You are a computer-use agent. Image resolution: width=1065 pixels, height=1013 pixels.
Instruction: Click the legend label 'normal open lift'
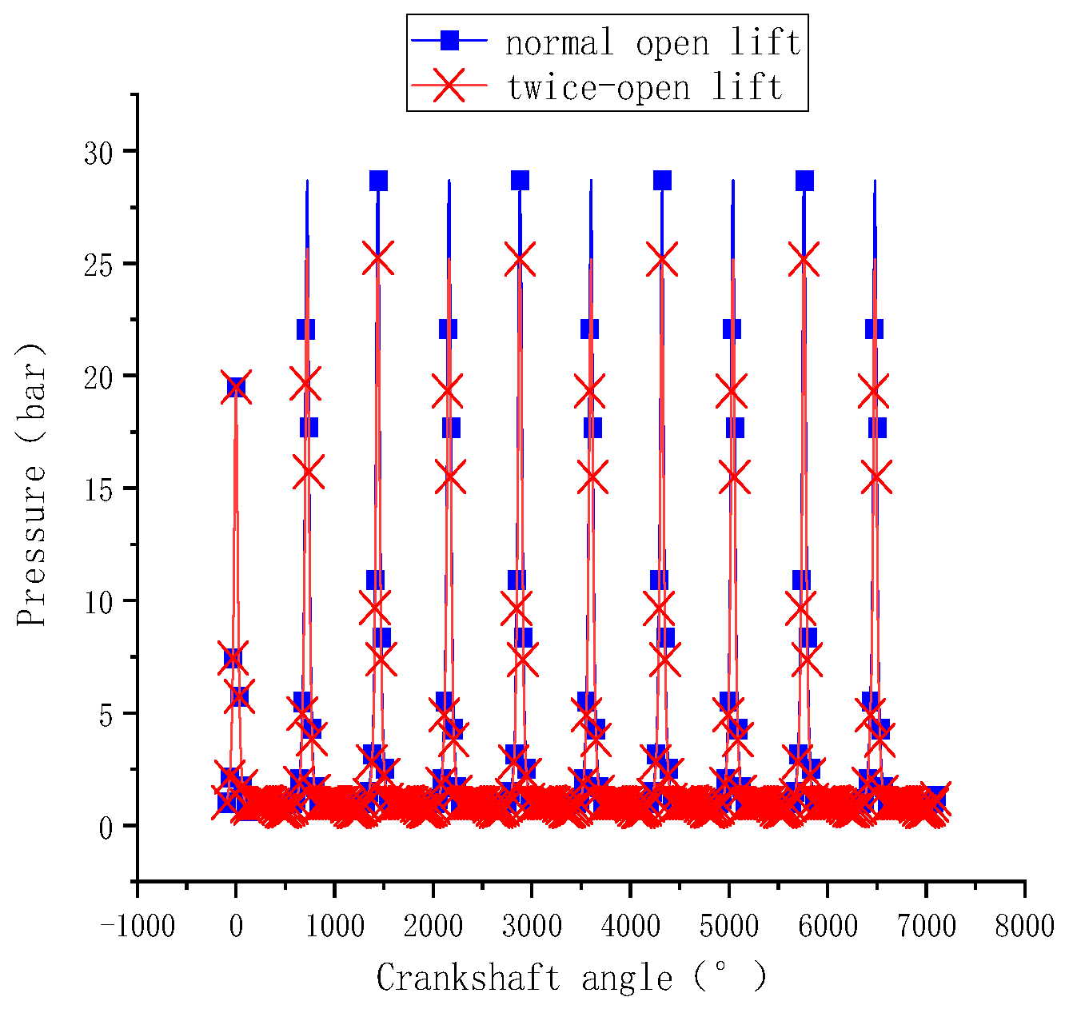pyautogui.click(x=652, y=42)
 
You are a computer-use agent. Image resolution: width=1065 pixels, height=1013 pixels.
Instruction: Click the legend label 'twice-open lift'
pyautogui.click(x=644, y=86)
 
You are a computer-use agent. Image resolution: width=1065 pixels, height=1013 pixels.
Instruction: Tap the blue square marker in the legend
pyautogui.click(x=450, y=40)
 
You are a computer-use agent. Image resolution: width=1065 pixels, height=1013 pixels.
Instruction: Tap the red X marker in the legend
pyautogui.click(x=450, y=85)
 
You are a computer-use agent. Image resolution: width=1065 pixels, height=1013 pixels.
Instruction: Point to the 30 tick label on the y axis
pyautogui.click(x=99, y=152)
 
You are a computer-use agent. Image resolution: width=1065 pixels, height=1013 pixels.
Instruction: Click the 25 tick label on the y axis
pyautogui.click(x=99, y=264)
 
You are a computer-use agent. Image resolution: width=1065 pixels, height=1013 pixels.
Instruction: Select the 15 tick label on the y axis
pyautogui.click(x=99, y=489)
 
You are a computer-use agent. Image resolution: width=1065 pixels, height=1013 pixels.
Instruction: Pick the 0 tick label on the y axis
pyautogui.click(x=107, y=827)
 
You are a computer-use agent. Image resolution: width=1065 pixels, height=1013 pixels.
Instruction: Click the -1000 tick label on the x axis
pyautogui.click(x=137, y=927)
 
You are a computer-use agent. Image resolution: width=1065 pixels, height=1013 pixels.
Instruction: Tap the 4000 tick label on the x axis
pyautogui.click(x=630, y=927)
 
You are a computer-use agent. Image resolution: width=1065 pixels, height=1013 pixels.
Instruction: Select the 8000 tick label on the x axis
pyautogui.click(x=1024, y=927)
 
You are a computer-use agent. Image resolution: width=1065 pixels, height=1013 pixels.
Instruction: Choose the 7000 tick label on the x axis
pyautogui.click(x=926, y=927)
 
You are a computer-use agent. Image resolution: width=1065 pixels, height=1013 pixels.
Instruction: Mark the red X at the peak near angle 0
pyautogui.click(x=236, y=387)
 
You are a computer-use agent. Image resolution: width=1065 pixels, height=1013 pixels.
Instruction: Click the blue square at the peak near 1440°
pyautogui.click(x=378, y=181)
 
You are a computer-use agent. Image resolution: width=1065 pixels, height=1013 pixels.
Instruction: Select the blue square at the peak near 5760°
pyautogui.click(x=804, y=181)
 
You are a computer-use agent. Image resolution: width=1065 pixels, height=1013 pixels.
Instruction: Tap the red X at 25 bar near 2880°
pyautogui.click(x=520, y=259)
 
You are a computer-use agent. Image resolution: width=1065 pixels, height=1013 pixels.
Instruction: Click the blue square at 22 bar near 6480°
pyautogui.click(x=874, y=329)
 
